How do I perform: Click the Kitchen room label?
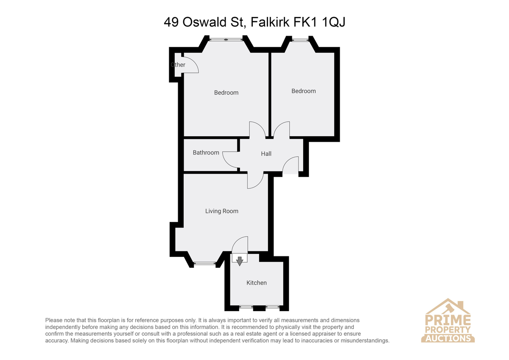coord(257,283)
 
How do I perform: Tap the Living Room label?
coord(222,211)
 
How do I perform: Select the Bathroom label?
coord(206,152)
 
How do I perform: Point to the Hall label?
coord(266,154)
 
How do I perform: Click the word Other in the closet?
coord(178,65)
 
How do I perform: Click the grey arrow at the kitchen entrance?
coord(240,261)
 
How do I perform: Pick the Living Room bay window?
coord(204,264)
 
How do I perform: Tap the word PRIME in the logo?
coord(448,320)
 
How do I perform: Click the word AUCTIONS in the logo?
coord(448,338)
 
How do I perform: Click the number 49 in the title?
coord(171,22)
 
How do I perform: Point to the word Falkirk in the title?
coord(270,22)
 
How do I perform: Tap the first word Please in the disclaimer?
coord(54,320)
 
